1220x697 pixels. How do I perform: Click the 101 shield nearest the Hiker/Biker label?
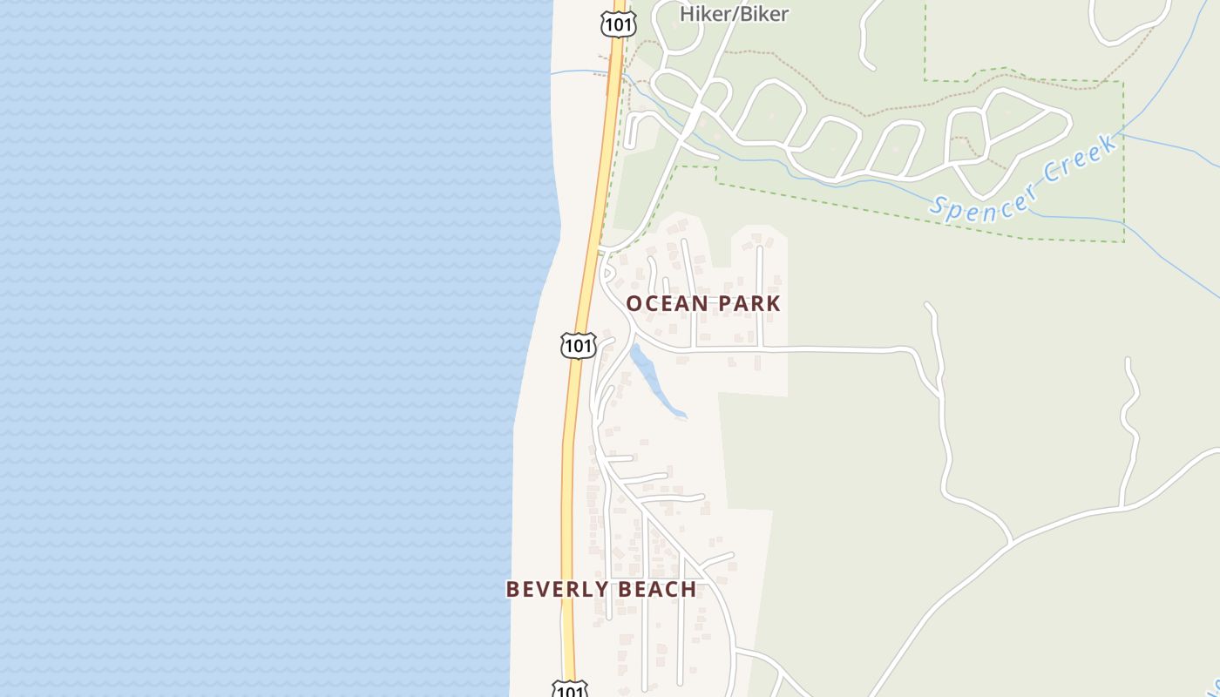pyautogui.click(x=618, y=24)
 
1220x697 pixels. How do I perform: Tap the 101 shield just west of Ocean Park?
pyautogui.click(x=577, y=345)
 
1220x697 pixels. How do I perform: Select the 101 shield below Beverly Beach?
pyautogui.click(x=570, y=690)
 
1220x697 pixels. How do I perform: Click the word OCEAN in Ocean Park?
pyautogui.click(x=668, y=303)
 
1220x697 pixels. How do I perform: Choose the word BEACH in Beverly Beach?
pyautogui.click(x=660, y=589)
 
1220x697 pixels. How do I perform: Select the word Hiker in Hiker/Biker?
pyautogui.click(x=702, y=14)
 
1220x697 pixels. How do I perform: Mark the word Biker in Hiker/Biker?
pyautogui.click(x=765, y=14)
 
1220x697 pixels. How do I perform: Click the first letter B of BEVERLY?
pyautogui.click(x=512, y=589)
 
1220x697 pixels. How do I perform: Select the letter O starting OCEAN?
pyautogui.click(x=634, y=303)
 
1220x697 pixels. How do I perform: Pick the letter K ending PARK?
pyautogui.click(x=774, y=303)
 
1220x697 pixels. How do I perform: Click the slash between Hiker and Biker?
pyautogui.click(x=733, y=14)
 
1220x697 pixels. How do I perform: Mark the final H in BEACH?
pyautogui.click(x=689, y=589)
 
